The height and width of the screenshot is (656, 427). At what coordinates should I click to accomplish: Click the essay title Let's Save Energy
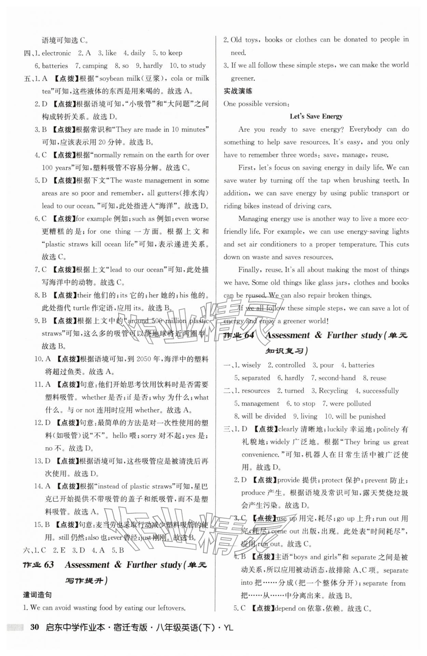coord(316,116)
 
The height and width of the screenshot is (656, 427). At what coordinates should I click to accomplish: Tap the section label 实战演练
coord(238,91)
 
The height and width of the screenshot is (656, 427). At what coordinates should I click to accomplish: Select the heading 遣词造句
coord(37,595)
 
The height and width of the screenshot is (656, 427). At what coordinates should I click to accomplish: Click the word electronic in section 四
coord(56,53)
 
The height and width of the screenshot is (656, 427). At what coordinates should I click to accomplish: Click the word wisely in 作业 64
coord(251,365)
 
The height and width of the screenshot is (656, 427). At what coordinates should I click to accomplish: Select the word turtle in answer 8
coord(81,308)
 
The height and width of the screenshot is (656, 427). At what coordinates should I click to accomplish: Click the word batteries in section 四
coord(55,66)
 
